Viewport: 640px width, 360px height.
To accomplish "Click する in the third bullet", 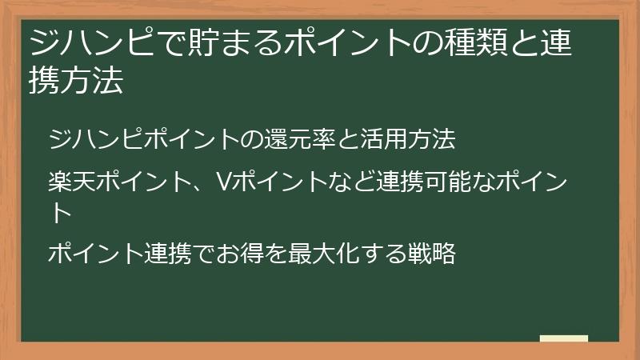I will pos(378,254).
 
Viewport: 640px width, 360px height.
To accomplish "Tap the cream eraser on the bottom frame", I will pos(563,338).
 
